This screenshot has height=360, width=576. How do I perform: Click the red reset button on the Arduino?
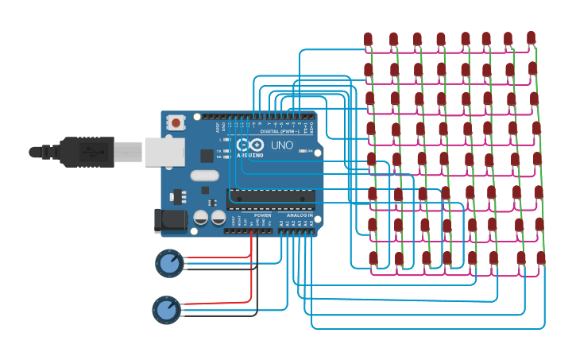(x=175, y=122)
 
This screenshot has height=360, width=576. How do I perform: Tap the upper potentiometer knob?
(x=168, y=263)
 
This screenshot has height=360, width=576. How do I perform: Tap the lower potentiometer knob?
(x=165, y=310)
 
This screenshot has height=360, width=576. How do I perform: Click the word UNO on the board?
(x=283, y=146)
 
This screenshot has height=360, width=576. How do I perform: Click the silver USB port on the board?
(x=164, y=151)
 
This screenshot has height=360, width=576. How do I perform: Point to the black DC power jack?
(x=169, y=221)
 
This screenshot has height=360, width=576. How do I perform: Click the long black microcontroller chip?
(x=271, y=199)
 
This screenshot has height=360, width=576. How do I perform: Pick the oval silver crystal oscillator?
(x=203, y=177)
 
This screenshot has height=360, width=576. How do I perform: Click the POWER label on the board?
(x=262, y=215)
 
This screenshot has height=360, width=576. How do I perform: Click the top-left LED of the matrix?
(x=368, y=39)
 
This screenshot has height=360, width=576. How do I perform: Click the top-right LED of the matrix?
(x=531, y=37)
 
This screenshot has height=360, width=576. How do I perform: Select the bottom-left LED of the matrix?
(x=373, y=257)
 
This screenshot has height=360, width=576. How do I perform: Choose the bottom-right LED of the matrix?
(x=541, y=257)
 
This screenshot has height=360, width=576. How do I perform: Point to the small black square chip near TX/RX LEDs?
(x=207, y=156)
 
